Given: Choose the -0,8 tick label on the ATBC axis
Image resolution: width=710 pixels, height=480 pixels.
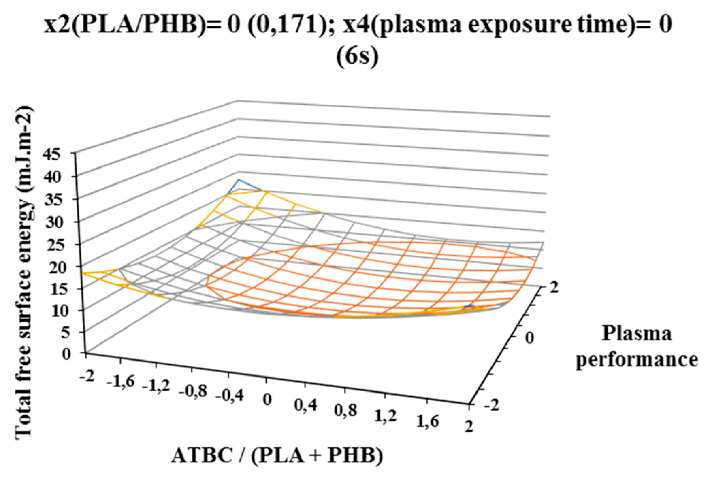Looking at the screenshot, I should point(193,391).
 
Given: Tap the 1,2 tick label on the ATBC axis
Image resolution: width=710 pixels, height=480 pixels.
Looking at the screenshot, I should point(386,416).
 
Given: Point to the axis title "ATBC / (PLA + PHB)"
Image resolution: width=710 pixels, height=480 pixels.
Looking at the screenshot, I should point(277,455).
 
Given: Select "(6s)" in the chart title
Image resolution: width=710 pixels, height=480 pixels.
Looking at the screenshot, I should point(357,57).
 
